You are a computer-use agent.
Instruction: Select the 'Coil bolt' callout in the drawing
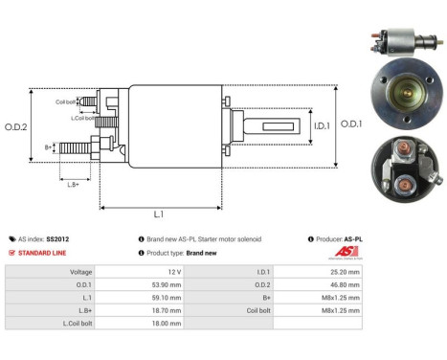tap(66, 101)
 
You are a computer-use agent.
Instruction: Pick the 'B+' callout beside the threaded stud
tap(49, 146)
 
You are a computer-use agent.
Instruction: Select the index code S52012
tap(64, 238)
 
